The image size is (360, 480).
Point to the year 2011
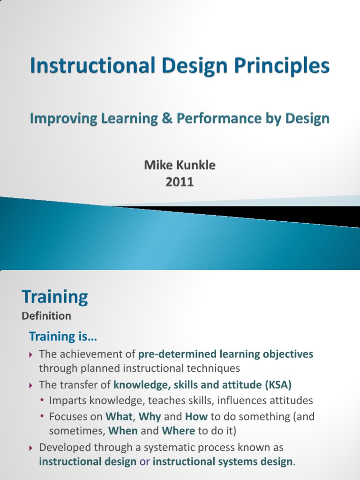[180, 181]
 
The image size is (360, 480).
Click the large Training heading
[55, 297]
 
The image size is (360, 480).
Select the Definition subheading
[46, 316]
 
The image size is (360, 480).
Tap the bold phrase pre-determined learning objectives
[226, 354]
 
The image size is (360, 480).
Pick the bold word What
[119, 416]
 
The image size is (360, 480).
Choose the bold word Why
[150, 416]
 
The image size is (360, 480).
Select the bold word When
[123, 430]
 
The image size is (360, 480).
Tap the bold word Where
[178, 430]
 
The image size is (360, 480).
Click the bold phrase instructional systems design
[223, 462]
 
